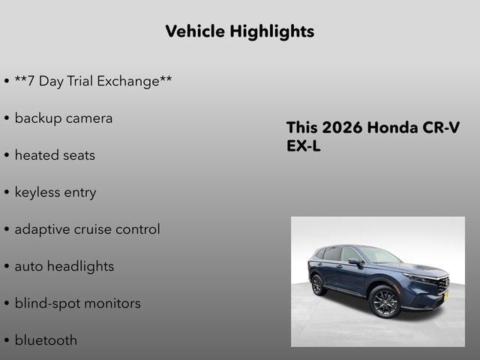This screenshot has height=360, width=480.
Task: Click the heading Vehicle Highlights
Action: click(239, 31)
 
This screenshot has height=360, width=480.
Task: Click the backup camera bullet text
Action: click(63, 118)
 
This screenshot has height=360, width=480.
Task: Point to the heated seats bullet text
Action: click(55, 155)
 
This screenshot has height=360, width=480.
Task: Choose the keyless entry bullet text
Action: click(55, 193)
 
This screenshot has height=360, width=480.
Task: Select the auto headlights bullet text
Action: click(64, 266)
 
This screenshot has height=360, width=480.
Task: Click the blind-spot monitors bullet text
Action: click(77, 304)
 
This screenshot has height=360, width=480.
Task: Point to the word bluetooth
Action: click(46, 340)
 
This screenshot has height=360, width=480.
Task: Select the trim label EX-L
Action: click(303, 146)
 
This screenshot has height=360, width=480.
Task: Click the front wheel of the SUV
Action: click(385, 301)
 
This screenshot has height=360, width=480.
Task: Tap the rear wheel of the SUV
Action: click(319, 284)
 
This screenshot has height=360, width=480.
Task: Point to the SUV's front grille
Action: click(441, 284)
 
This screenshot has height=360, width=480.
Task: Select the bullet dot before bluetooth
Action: click(6, 341)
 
